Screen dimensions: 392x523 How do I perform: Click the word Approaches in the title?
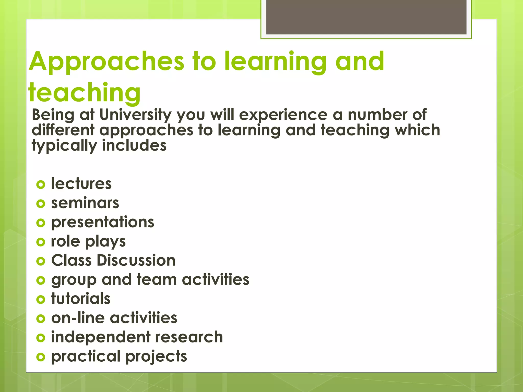(x=106, y=62)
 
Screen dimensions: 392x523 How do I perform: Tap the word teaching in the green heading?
(x=84, y=92)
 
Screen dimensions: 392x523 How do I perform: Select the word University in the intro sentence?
(x=135, y=115)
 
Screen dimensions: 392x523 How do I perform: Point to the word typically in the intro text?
(x=64, y=146)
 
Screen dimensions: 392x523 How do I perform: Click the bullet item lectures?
(x=81, y=184)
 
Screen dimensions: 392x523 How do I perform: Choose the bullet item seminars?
(x=85, y=203)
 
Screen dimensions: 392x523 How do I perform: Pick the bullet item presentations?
(x=103, y=222)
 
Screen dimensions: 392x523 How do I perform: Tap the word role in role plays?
(x=65, y=241)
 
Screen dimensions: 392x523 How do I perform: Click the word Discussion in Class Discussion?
(x=136, y=261)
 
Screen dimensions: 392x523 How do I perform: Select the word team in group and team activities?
(x=157, y=279)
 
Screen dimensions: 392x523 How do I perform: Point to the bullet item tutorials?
(x=81, y=299)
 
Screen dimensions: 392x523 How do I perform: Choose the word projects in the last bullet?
(x=156, y=357)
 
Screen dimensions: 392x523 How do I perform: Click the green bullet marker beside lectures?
(x=41, y=185)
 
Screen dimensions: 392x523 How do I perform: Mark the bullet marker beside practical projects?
(x=41, y=357)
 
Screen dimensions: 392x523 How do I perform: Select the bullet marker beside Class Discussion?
(x=41, y=261)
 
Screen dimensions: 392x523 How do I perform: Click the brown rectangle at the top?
(x=366, y=17)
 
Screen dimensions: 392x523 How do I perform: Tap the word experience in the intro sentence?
(x=283, y=115)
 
